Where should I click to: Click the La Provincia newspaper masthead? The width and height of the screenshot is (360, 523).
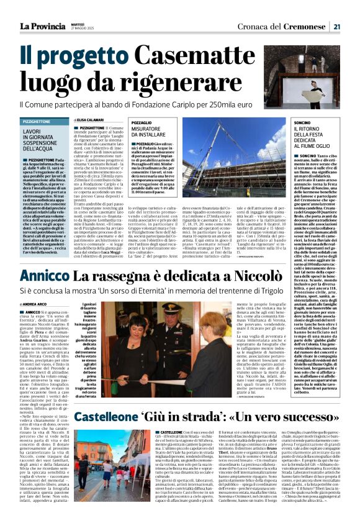pyautogui.click(x=38, y=26)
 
